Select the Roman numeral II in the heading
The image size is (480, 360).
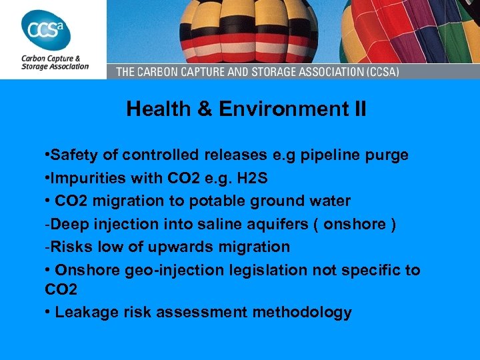tap(357, 109)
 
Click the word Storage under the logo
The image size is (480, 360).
tap(35, 66)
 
